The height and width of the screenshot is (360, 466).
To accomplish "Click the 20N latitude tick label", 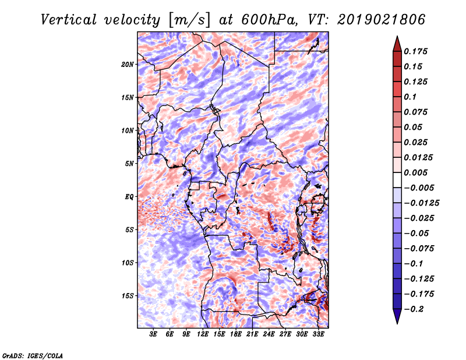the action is tap(128, 65).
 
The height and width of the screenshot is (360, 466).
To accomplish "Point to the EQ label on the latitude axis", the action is tap(129, 196).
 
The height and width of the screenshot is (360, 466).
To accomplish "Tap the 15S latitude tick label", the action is tap(128, 296).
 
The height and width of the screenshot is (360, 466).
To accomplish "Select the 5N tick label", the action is tap(129, 164).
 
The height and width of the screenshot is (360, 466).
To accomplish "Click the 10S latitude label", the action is tap(128, 263).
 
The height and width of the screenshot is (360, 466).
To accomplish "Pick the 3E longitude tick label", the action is tap(153, 334).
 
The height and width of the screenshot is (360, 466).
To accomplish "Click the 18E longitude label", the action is tap(236, 334).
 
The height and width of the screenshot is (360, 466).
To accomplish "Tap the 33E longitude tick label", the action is tap(318, 334).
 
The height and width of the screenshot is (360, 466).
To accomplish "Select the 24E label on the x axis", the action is tap(269, 334).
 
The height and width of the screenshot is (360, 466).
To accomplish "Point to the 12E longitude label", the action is tap(203, 334).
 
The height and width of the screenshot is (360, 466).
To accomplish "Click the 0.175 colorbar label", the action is tap(415, 51).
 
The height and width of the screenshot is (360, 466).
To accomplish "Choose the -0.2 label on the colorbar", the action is tap(414, 309).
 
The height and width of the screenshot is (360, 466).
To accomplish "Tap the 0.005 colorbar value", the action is tap(415, 172).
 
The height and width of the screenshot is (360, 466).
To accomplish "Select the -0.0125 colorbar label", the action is tap(421, 203).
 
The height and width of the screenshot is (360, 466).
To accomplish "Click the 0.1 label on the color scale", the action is tap(410, 97).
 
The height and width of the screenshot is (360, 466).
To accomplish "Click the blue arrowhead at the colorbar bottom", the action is tap(397, 316).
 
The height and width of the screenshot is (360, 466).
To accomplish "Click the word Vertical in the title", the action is tap(69, 20).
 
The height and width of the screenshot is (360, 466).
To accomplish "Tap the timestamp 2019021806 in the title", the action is tap(382, 20).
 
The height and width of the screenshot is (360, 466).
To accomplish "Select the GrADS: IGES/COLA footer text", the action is tap(33, 355).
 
